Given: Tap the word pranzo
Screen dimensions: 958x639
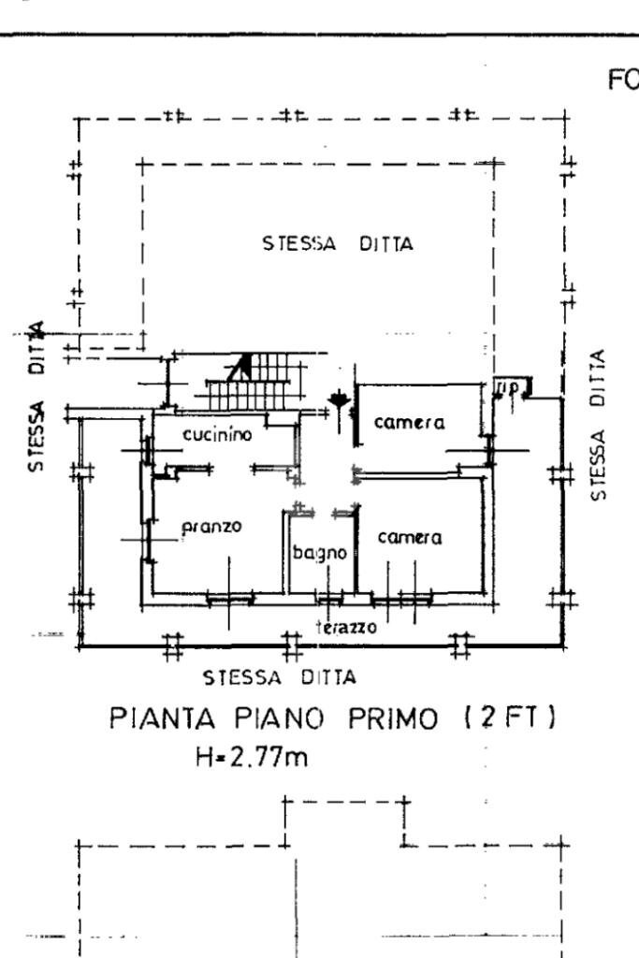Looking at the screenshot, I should pos(211,526).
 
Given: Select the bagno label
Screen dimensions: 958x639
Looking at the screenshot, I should pos(320,552).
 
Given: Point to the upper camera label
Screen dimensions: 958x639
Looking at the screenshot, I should pos(410,423).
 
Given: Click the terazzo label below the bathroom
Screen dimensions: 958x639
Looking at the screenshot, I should pos(346,628).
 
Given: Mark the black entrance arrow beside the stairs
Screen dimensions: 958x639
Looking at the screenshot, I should pos(336,402).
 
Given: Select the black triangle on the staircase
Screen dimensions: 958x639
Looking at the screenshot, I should pos(240,367).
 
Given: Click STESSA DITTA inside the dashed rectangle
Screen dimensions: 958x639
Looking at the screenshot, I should pos(338,244).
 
